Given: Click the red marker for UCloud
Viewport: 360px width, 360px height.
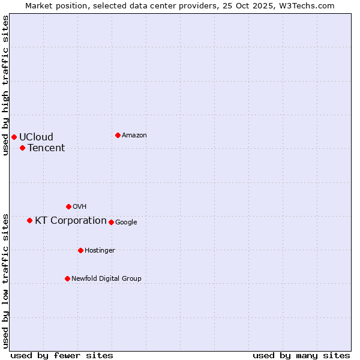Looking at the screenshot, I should (14, 137).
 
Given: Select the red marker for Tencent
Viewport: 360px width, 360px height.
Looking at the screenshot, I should (22, 148).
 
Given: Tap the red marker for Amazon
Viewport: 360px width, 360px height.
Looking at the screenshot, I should (118, 135).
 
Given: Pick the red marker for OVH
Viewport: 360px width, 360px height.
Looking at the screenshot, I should (68, 206).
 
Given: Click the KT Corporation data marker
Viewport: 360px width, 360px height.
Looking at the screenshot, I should (29, 220).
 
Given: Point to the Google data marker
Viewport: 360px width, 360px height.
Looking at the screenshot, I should (111, 222).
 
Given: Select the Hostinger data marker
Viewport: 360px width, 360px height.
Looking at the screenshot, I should (80, 250).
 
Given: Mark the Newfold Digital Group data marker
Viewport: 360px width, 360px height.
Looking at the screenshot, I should (67, 278).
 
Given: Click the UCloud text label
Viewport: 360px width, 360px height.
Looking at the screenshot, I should (36, 137).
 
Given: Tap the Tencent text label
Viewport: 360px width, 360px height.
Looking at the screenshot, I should (46, 148).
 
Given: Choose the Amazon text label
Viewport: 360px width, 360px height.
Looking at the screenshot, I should (134, 135).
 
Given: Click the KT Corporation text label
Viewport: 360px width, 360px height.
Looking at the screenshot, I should (71, 220).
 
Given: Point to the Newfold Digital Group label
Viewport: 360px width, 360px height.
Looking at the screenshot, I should (106, 278).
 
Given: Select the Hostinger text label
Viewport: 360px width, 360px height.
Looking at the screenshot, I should (100, 250).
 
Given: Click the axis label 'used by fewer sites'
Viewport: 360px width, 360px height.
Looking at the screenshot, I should (62, 355).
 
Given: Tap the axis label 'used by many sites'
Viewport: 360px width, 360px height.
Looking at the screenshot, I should (301, 355).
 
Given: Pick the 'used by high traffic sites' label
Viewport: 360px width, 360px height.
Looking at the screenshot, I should (5, 85).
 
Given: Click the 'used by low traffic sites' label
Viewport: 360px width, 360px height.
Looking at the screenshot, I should (5, 280).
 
